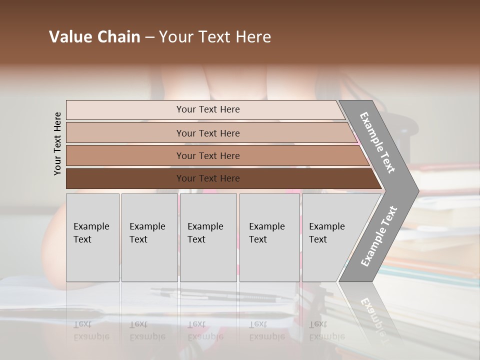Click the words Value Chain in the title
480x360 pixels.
94,37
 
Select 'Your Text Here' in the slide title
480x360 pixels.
215,37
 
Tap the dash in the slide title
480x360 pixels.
149,37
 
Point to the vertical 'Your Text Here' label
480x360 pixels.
57,144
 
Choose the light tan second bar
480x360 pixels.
208,133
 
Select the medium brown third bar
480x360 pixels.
208,155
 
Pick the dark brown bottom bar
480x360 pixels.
208,178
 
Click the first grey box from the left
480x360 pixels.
92,237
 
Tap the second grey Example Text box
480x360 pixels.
149,237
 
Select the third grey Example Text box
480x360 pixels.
208,237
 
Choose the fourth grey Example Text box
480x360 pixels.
269,237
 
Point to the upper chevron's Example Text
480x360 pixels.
377,142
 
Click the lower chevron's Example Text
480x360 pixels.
378,236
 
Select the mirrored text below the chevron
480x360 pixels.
377,315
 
